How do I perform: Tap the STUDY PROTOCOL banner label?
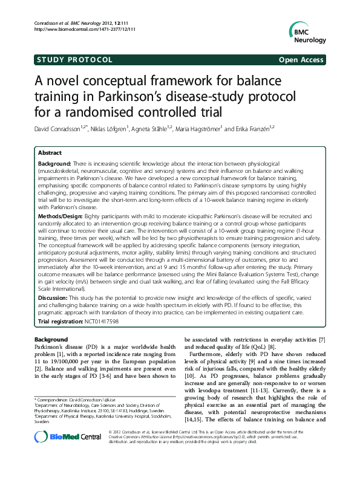pyautogui.click(x=74, y=60)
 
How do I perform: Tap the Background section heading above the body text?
pyautogui.click(x=51, y=340)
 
